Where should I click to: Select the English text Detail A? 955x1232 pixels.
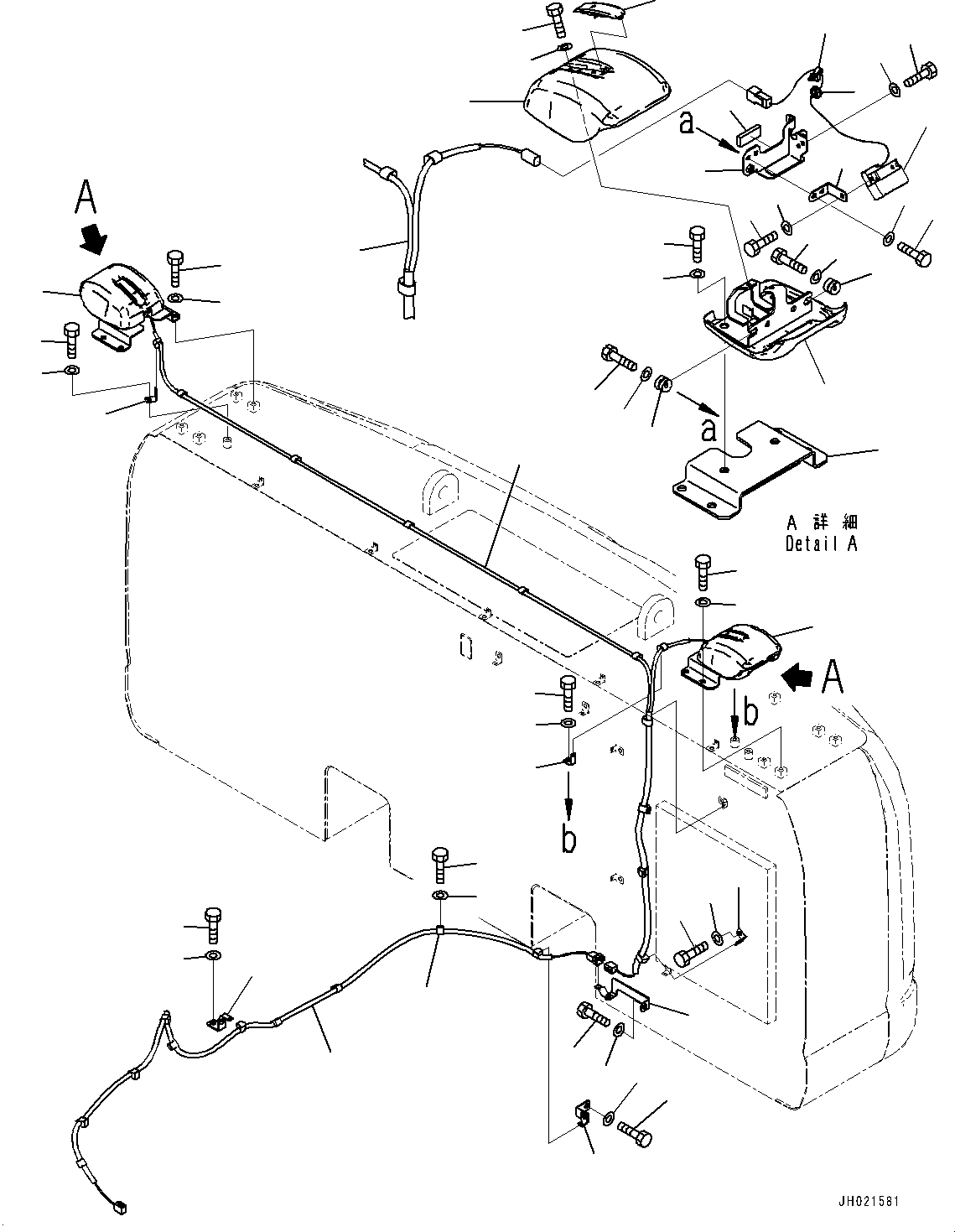coord(821,543)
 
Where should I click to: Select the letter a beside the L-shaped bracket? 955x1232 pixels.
coord(688,123)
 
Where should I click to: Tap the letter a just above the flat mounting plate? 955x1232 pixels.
coord(709,430)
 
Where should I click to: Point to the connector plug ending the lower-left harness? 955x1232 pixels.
coord(117,1209)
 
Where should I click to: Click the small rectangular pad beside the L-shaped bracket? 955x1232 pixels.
coord(746,134)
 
